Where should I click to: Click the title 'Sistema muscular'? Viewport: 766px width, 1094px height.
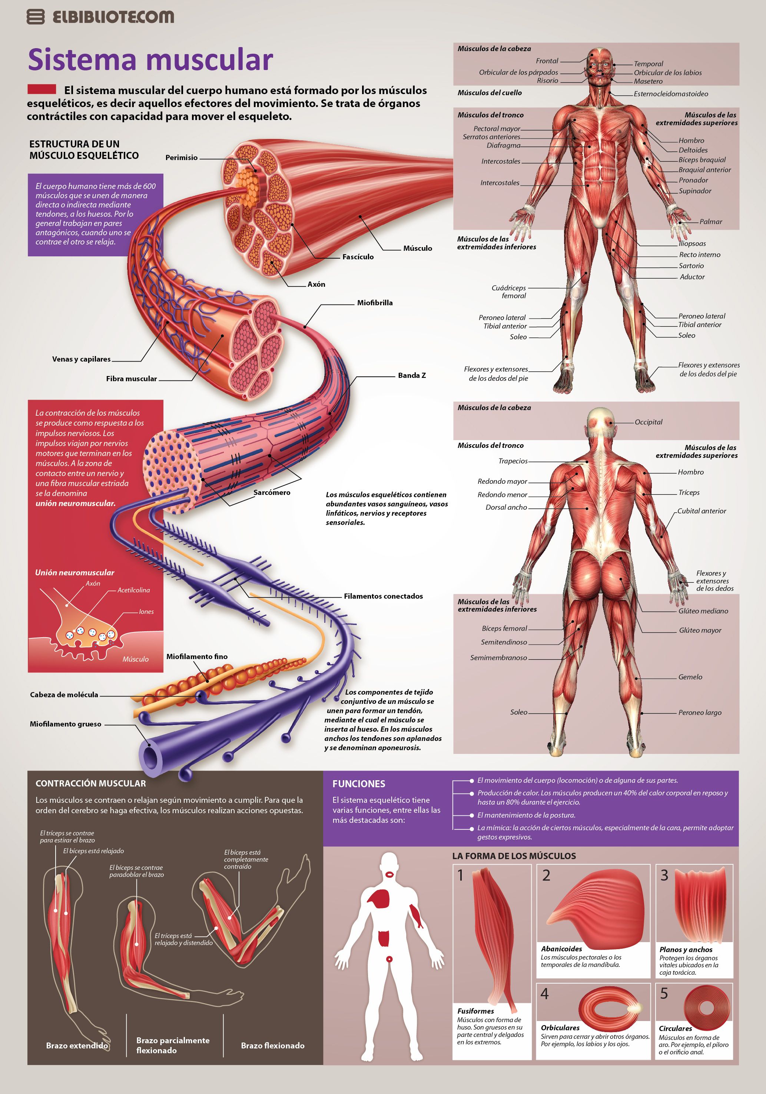click(x=150, y=60)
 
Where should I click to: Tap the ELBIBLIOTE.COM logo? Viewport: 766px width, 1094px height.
click(x=100, y=17)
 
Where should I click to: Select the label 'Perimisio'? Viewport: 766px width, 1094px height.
click(x=181, y=158)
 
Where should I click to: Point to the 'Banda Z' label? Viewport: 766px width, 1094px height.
click(x=412, y=375)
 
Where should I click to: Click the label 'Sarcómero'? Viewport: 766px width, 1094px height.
click(x=272, y=493)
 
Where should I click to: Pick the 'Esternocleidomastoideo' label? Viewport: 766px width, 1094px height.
click(x=671, y=94)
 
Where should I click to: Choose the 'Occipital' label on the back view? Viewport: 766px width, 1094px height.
click(x=648, y=422)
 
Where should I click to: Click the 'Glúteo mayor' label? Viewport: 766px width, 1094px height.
click(x=700, y=631)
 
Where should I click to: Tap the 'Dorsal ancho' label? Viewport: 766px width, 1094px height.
click(x=506, y=508)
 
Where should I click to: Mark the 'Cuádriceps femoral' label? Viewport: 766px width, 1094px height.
click(x=509, y=292)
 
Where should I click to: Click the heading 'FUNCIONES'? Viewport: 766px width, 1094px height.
click(x=358, y=784)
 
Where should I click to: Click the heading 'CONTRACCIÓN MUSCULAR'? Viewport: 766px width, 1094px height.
click(x=90, y=783)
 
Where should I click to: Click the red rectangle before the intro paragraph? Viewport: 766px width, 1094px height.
click(x=42, y=89)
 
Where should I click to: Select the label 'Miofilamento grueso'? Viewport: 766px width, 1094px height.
click(x=65, y=724)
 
